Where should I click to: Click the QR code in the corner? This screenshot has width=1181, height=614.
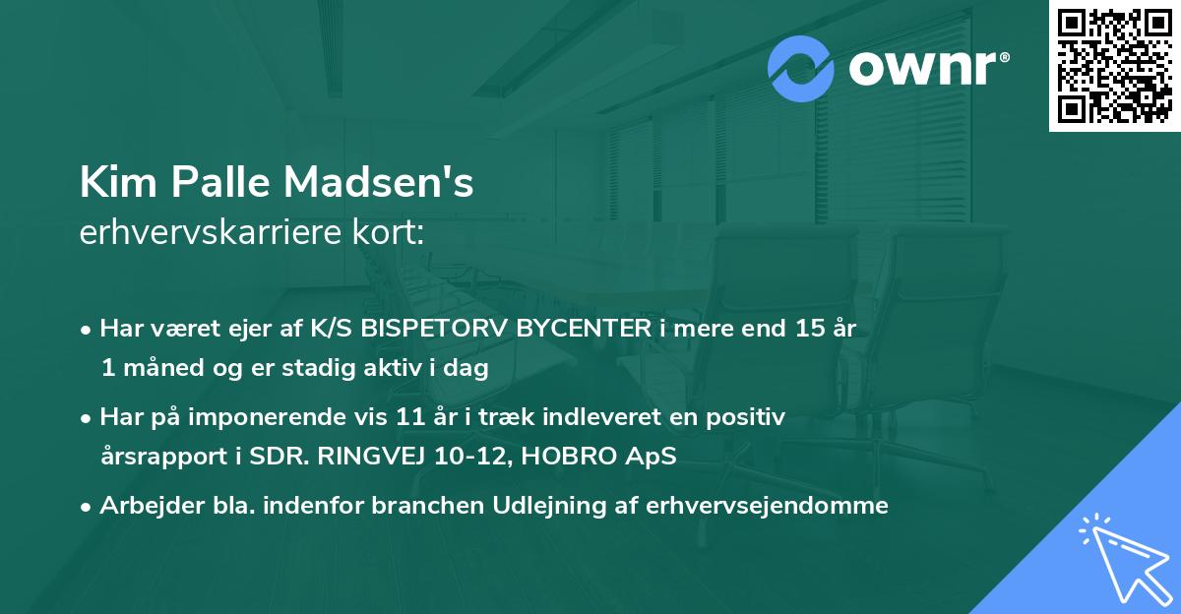pyautogui.click(x=1114, y=66)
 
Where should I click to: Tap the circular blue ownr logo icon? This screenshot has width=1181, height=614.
pyautogui.click(x=800, y=68)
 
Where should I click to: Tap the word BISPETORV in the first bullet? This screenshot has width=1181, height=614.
pyautogui.click(x=433, y=330)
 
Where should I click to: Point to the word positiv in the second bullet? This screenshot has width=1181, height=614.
pyautogui.click(x=750, y=417)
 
